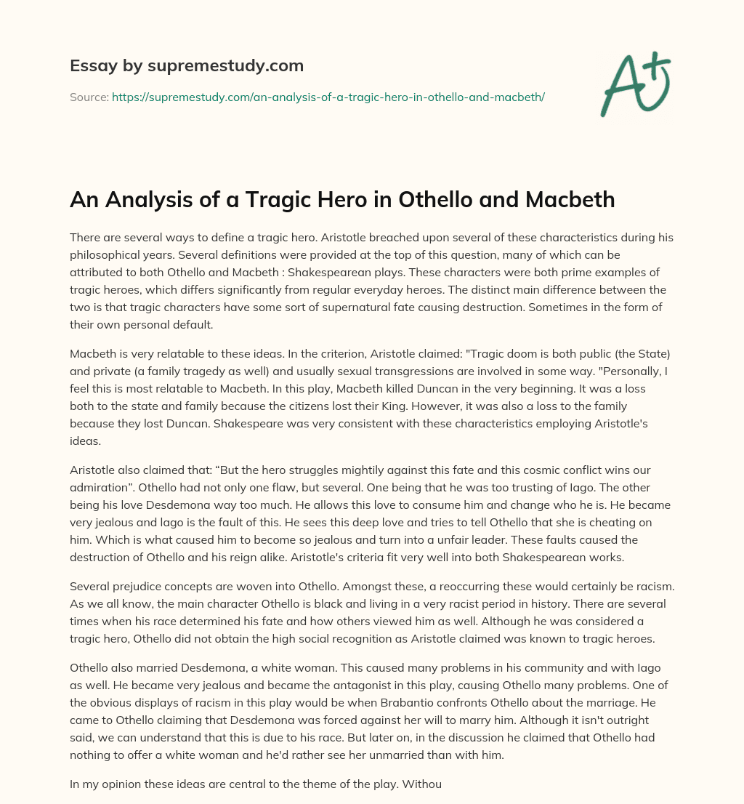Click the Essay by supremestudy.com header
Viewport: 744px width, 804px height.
click(187, 66)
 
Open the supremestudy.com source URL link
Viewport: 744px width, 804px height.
click(328, 97)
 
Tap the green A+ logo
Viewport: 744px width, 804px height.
click(634, 83)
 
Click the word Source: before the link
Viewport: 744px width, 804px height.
click(89, 97)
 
